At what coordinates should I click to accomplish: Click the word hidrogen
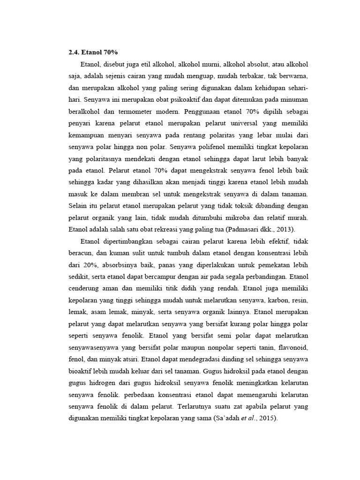click(113, 382)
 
